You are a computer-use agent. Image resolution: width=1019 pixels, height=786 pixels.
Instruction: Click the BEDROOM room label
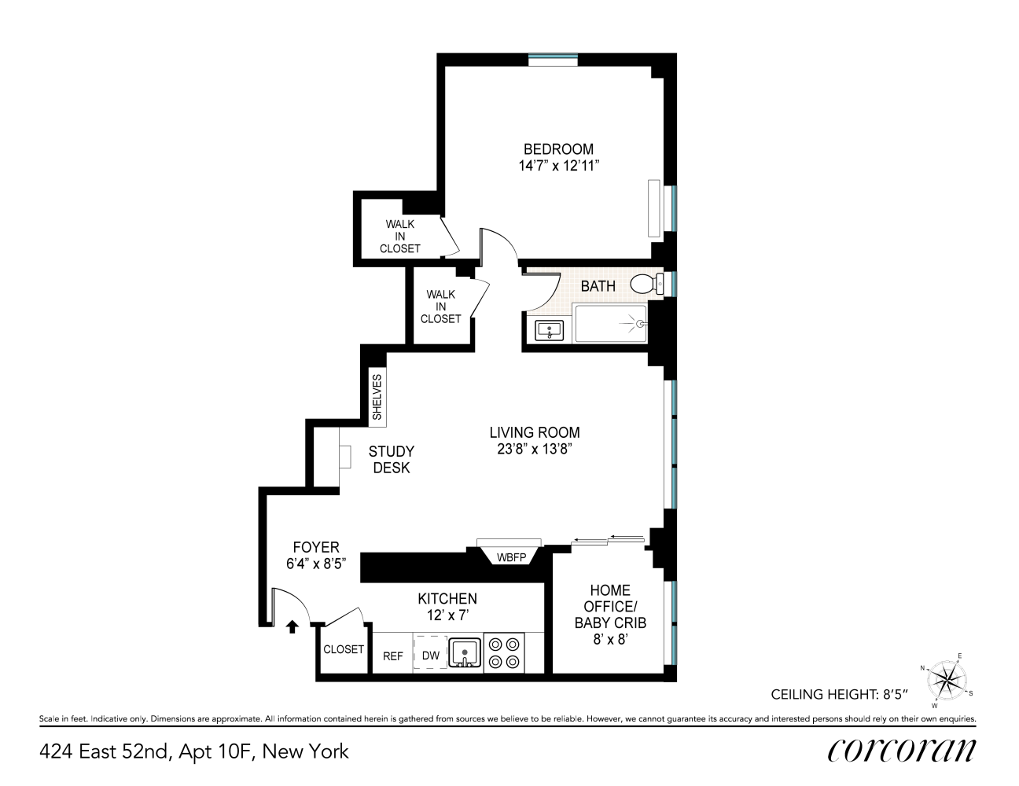coord(558,149)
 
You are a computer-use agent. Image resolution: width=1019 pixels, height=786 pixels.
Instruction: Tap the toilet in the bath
coord(647,284)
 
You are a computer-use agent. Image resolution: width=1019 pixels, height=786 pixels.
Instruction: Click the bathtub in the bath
coord(611,324)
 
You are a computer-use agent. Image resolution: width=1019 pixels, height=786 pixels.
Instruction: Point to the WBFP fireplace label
coord(509,558)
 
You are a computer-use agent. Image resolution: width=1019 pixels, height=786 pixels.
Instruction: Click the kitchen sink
coord(465,653)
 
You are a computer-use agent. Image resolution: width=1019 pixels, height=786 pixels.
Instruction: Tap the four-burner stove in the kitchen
coord(504,652)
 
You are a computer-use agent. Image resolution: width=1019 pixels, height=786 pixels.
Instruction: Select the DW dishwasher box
coord(430,655)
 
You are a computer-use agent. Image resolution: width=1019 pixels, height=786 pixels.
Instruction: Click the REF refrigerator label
coord(392,656)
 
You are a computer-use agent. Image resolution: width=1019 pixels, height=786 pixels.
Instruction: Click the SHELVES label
coord(377,397)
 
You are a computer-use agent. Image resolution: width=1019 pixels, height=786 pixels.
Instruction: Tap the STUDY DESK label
coord(392,460)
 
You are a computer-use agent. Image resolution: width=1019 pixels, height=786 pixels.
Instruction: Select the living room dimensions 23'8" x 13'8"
coord(535,450)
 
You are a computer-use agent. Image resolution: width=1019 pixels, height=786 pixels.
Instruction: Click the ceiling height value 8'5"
coord(895,694)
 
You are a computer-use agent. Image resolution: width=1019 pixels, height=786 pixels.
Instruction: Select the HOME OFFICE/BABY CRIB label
coord(610,607)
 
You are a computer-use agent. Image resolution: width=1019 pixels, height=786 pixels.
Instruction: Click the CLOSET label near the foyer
coord(344,649)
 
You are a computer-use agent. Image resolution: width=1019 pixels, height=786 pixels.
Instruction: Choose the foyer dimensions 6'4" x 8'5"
coord(316,564)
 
